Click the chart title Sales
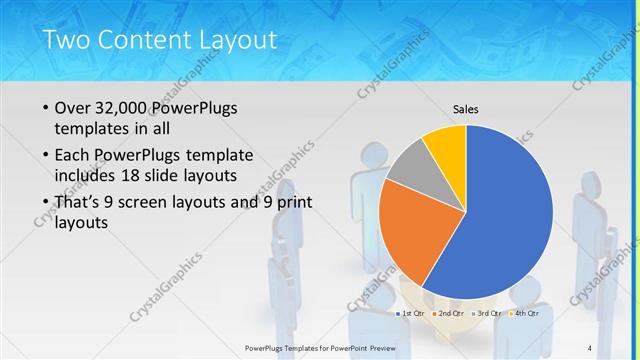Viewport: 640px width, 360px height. pos(466,108)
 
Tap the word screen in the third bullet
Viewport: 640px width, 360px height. pos(147,202)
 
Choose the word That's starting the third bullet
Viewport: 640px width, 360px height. pos(80,202)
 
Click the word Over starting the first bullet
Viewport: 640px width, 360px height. pos(75,108)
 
